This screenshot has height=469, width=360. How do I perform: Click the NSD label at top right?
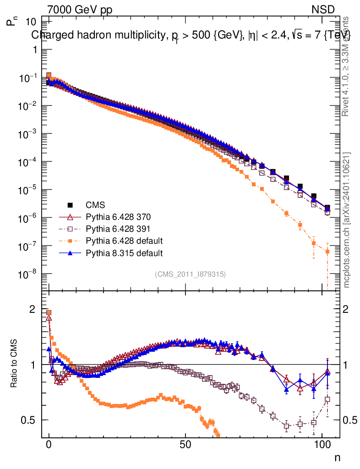323,9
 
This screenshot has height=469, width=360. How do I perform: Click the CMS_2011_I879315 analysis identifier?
191,274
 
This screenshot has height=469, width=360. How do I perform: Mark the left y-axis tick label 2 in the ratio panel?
33,309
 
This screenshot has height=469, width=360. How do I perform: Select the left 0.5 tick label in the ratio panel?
28,420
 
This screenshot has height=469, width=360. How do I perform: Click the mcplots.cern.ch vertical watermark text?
347,220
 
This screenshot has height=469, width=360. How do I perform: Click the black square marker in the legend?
71,205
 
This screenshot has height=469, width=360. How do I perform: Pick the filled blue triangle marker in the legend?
71,252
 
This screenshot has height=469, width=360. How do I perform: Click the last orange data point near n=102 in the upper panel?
327,251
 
